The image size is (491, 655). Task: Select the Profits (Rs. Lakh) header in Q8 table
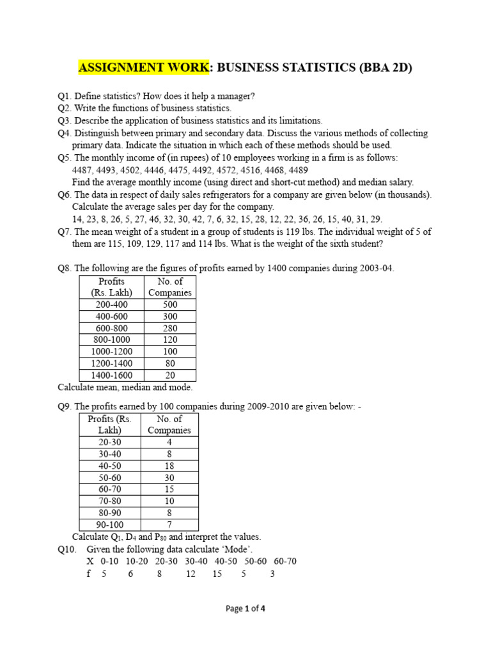112,287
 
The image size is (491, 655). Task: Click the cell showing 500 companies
170,305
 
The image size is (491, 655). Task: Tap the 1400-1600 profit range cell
112,375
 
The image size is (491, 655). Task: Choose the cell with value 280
170,329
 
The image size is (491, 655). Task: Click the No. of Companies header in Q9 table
169,425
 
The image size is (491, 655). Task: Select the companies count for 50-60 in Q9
169,477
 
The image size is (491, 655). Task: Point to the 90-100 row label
109,525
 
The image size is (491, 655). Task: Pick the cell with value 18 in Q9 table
169,466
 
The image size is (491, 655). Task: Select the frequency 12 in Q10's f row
191,574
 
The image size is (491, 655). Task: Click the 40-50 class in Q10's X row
226,561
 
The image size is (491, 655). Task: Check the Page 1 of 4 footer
245,609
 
